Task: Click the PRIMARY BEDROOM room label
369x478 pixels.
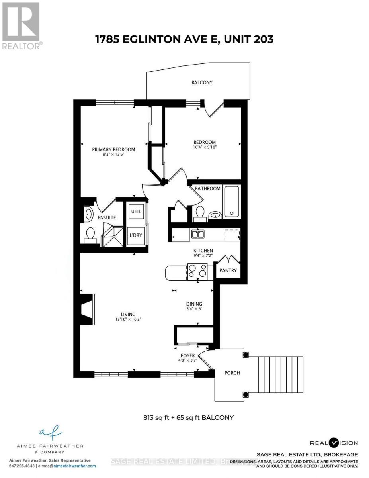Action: point(113,149)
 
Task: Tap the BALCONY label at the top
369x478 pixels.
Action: point(202,82)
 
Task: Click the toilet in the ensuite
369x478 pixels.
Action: point(90,235)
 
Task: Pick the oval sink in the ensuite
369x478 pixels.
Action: point(88,214)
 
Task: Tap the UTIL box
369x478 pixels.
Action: point(136,212)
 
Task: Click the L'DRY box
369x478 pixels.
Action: point(136,235)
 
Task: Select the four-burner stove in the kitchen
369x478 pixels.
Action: point(198,272)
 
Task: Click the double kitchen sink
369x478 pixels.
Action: point(197,234)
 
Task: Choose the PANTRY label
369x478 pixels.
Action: point(228,270)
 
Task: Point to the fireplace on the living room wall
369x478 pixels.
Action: point(87,309)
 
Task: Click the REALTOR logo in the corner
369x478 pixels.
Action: point(21,26)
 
